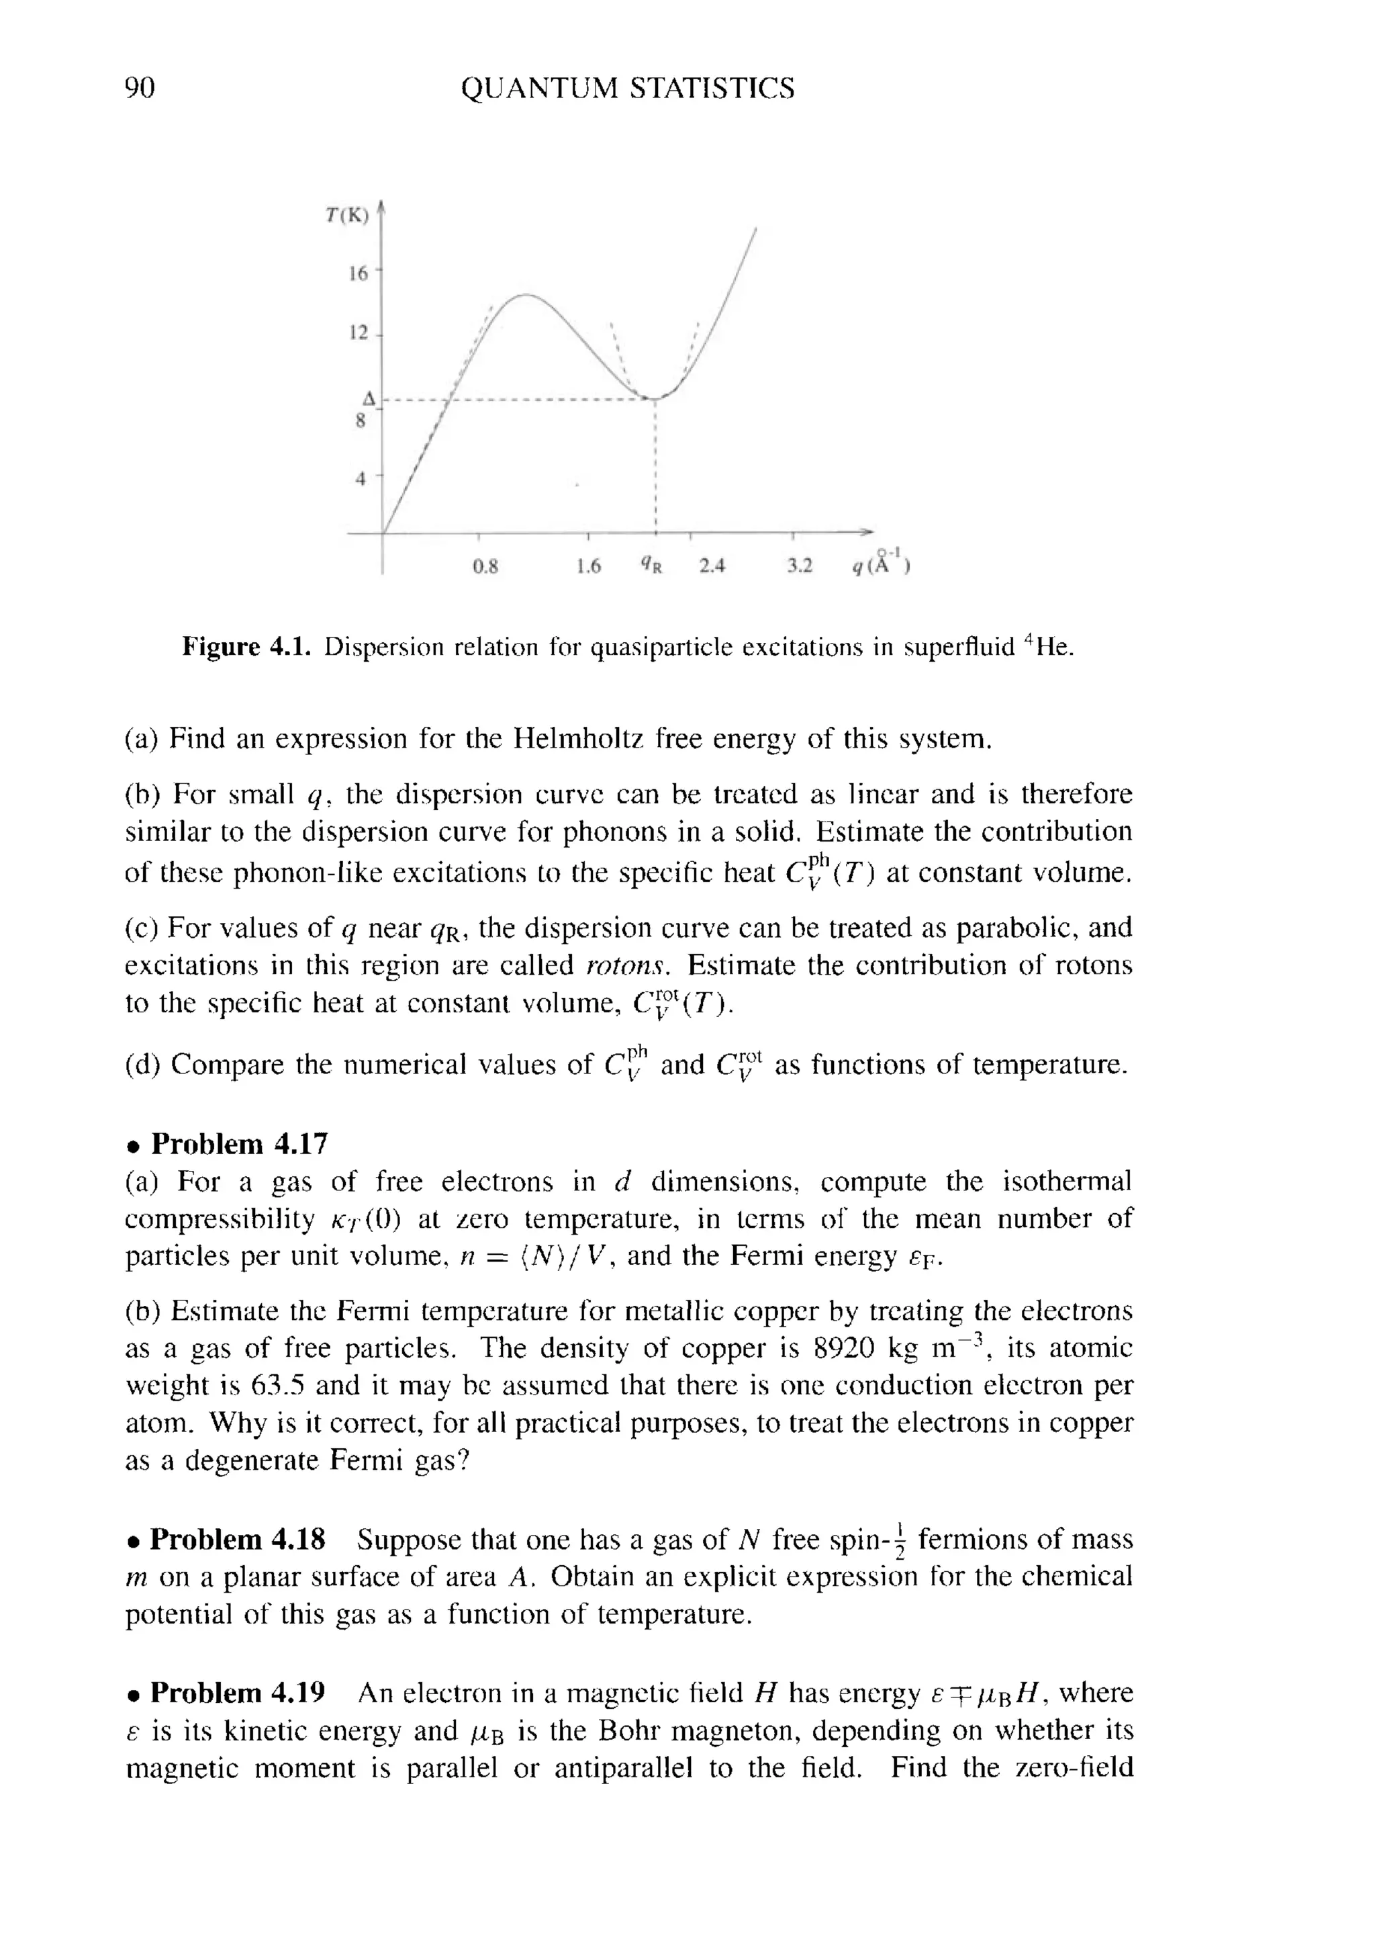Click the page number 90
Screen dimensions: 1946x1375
140,88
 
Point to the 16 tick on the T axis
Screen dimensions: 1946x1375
359,273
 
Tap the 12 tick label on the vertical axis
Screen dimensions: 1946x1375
359,333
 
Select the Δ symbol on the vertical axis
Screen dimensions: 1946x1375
369,398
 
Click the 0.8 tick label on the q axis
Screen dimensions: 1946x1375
485,566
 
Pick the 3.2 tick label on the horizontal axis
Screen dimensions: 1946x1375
798,566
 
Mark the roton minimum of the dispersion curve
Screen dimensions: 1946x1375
654,398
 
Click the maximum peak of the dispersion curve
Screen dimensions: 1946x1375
525,294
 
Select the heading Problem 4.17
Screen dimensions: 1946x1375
238,1143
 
